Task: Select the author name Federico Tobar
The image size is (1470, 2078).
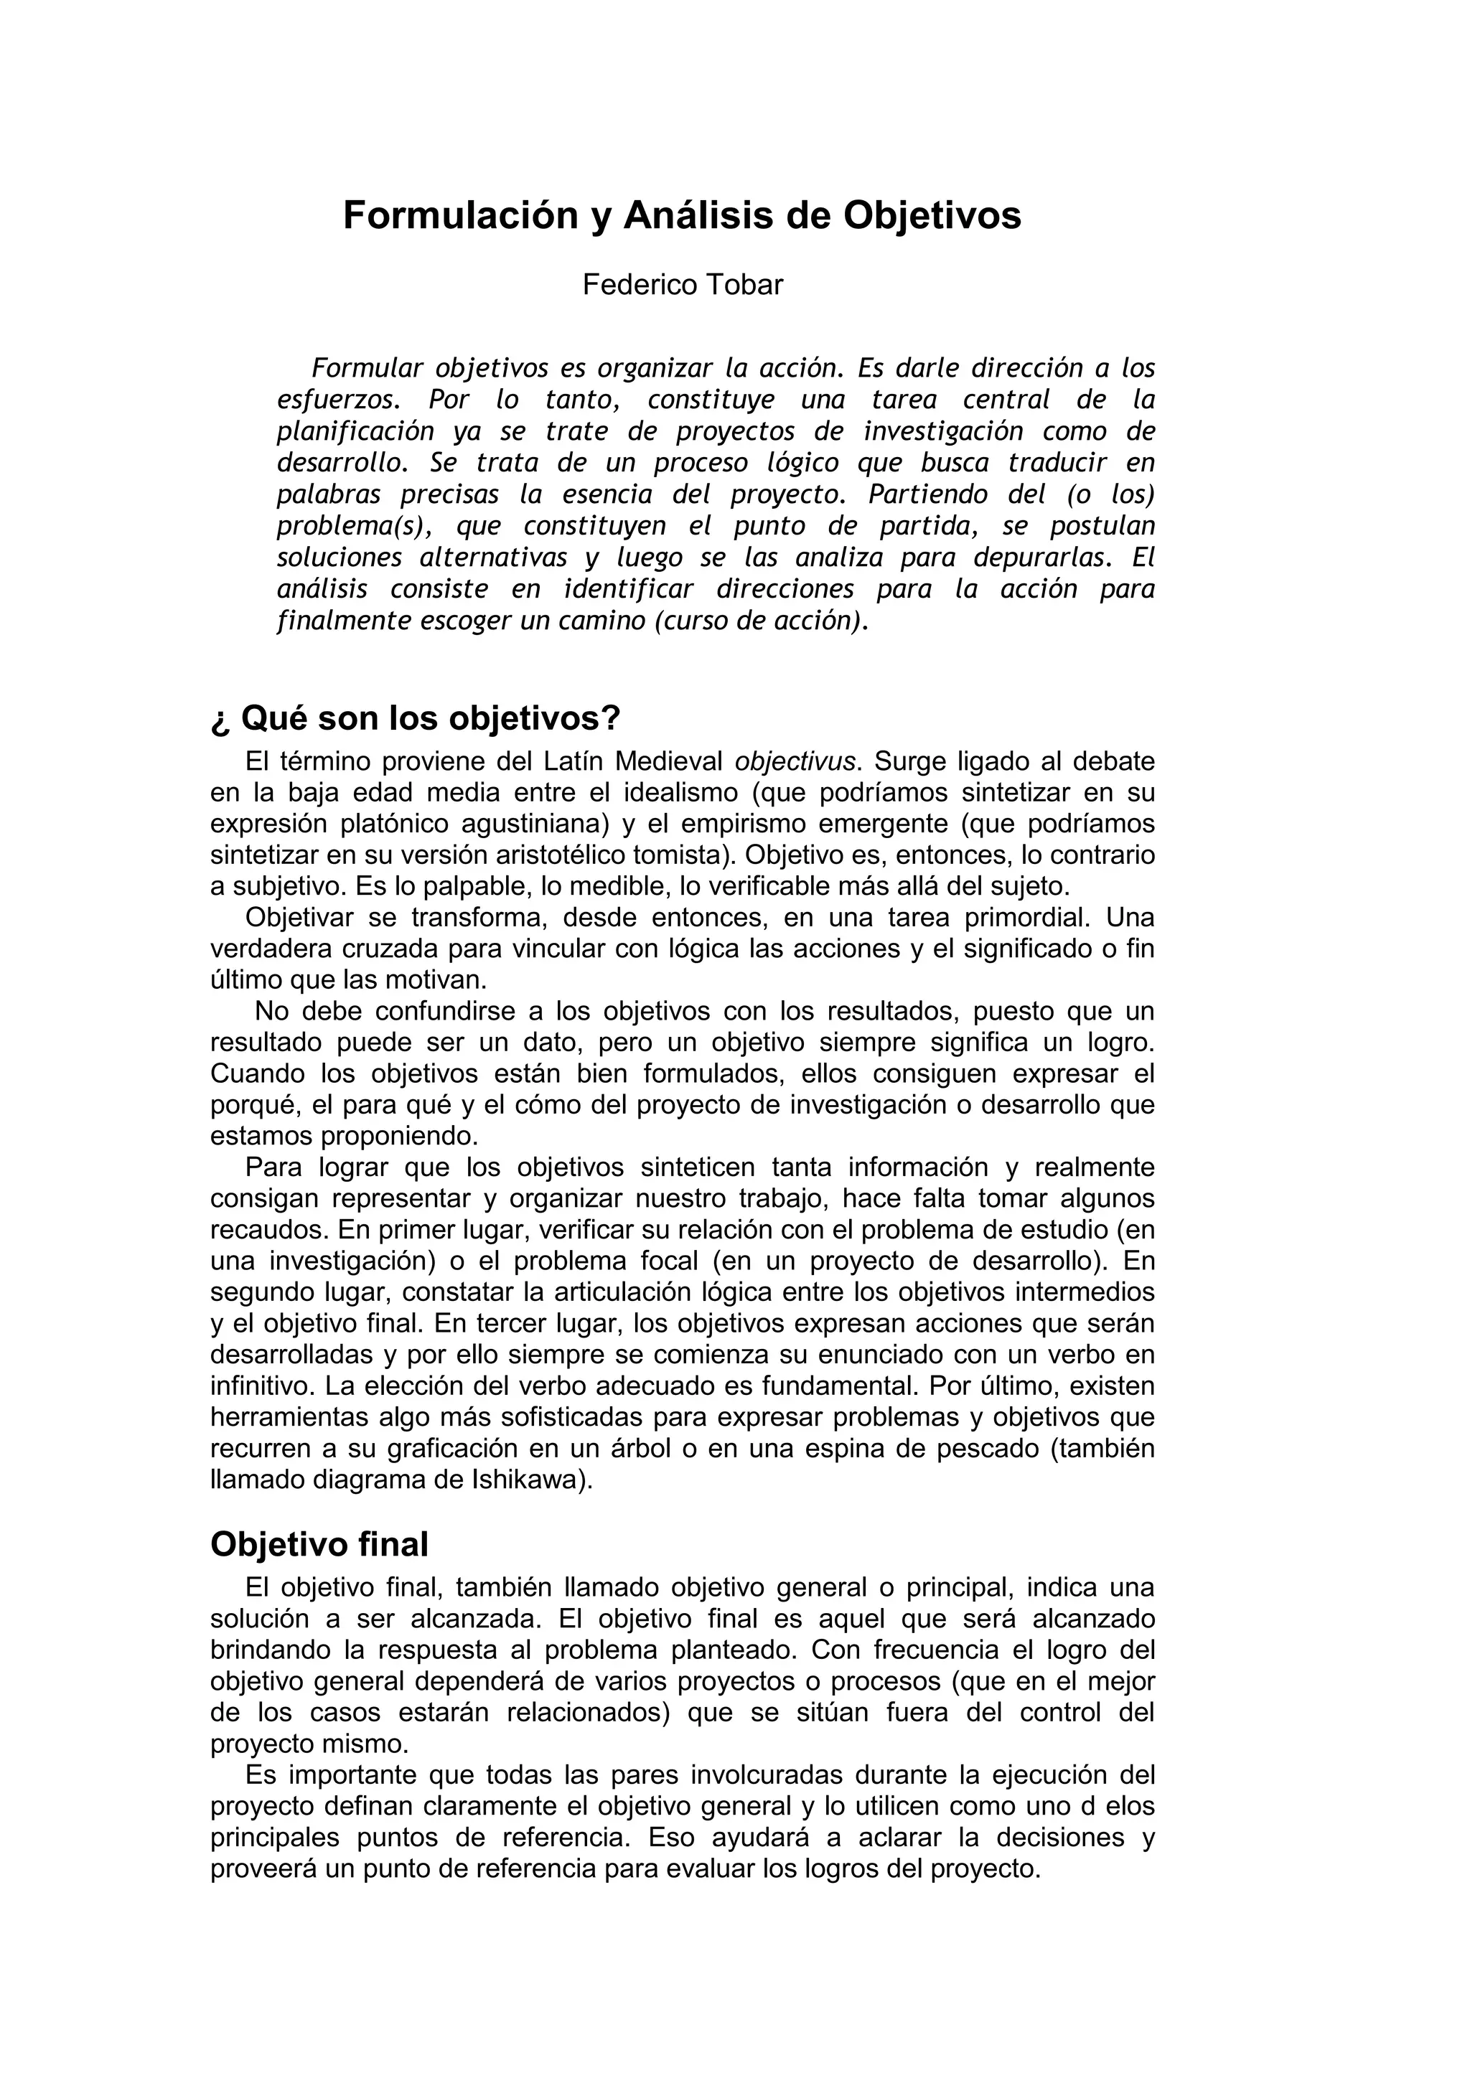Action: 683,285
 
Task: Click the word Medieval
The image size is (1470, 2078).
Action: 668,761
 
